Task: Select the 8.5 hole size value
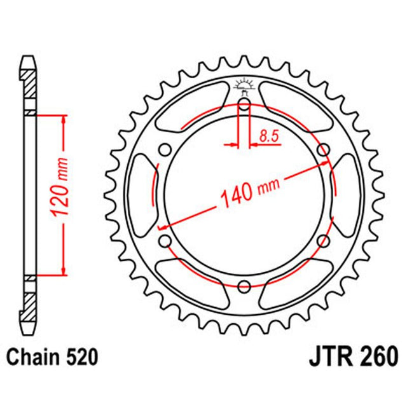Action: point(267,135)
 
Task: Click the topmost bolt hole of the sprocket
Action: point(244,104)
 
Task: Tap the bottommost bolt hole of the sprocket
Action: point(244,287)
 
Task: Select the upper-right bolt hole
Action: point(323,150)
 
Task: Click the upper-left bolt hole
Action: point(165,150)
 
